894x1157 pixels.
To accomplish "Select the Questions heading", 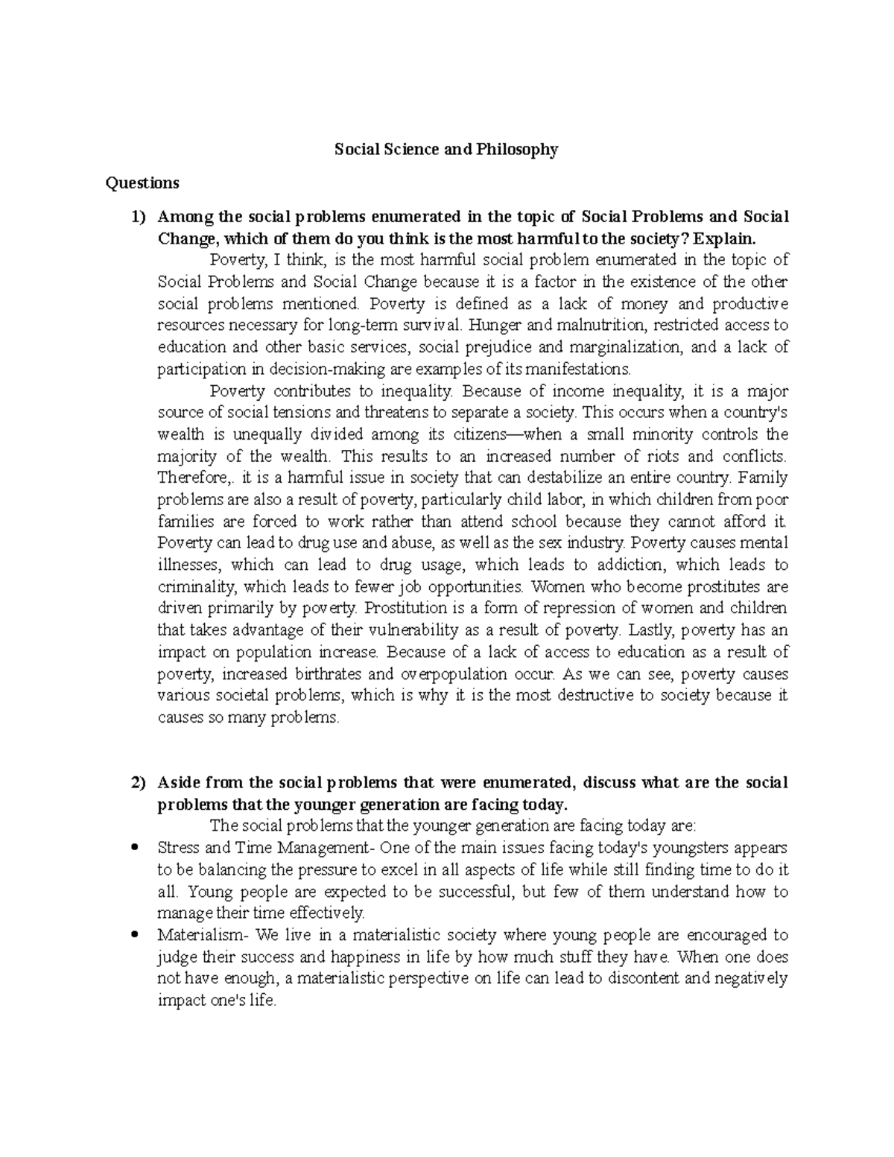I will [142, 183].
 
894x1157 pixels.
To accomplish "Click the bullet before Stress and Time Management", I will [135, 848].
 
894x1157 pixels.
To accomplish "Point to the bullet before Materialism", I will [135, 935].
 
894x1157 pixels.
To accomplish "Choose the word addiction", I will [629, 565].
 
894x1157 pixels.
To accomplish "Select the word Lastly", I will [650, 630].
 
